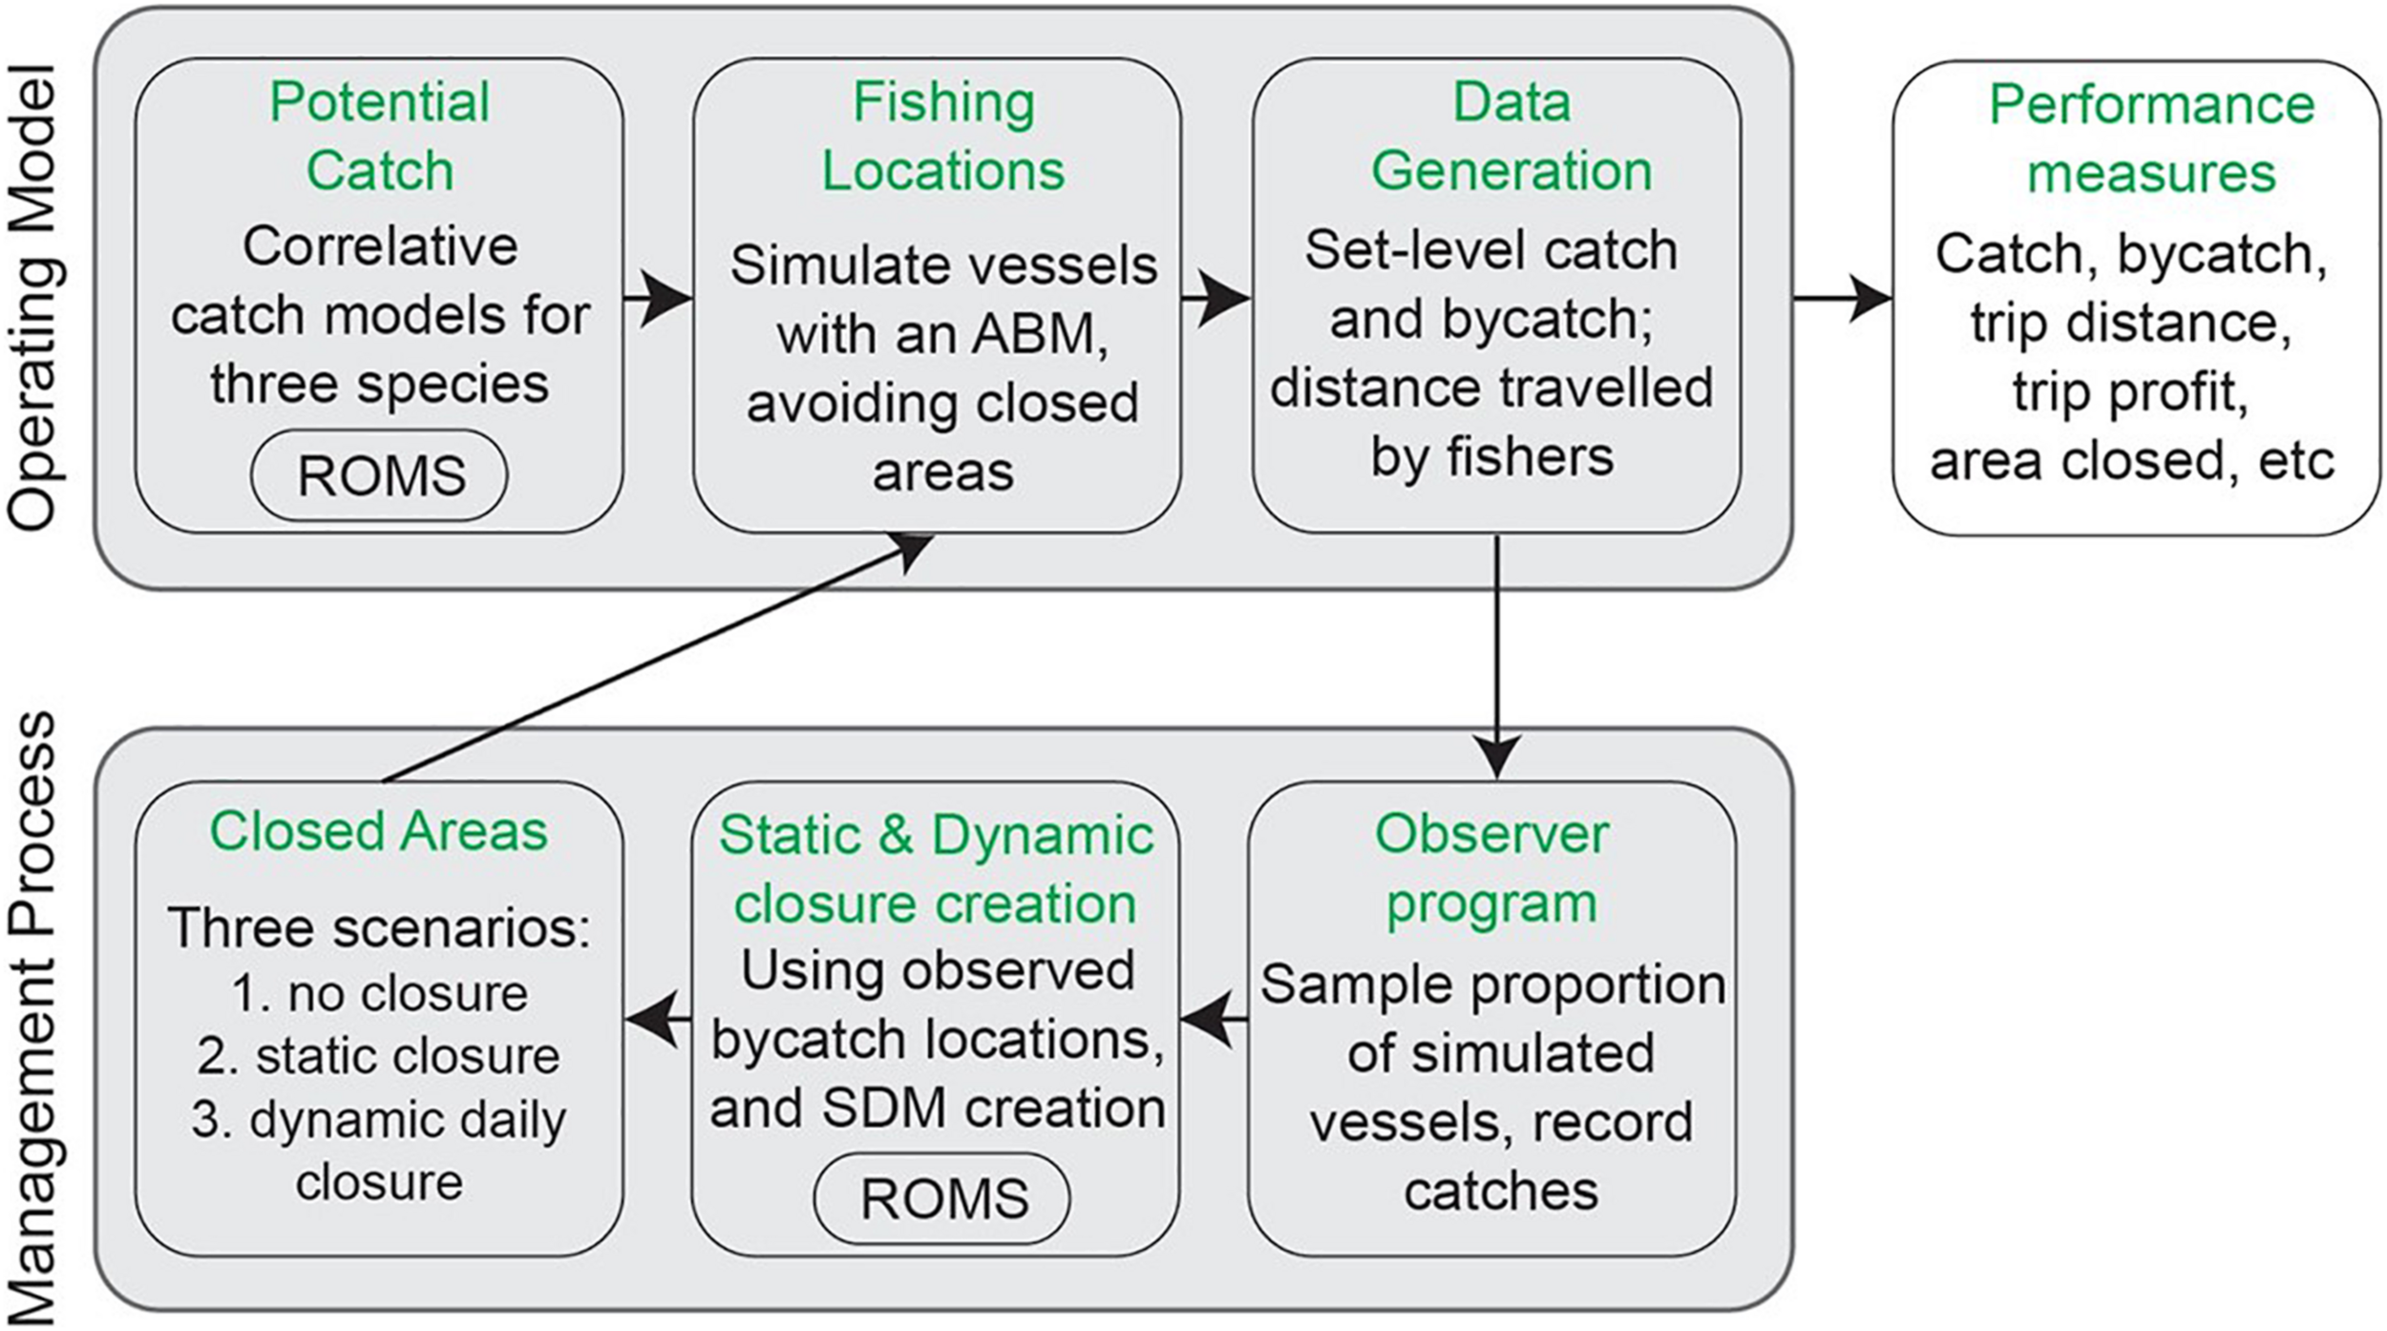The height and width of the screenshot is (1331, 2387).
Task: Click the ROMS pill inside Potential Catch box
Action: point(380,475)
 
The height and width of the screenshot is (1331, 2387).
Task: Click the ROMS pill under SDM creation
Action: point(942,1198)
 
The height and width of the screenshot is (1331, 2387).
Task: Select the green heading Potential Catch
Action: point(379,136)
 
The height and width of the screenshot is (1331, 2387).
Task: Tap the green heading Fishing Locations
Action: point(943,136)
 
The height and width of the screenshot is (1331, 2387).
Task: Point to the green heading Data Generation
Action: point(1510,136)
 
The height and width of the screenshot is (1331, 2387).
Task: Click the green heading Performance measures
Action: point(2151,138)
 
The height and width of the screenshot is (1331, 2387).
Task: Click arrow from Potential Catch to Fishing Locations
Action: point(659,298)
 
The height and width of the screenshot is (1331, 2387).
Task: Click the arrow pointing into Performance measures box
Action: point(1843,298)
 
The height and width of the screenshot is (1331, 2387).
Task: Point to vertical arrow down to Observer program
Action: point(1496,659)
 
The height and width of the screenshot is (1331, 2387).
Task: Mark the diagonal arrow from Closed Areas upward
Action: point(659,659)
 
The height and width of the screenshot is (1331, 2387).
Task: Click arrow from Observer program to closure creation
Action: point(1215,1020)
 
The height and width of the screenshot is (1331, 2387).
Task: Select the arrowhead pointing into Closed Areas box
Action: point(649,1020)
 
